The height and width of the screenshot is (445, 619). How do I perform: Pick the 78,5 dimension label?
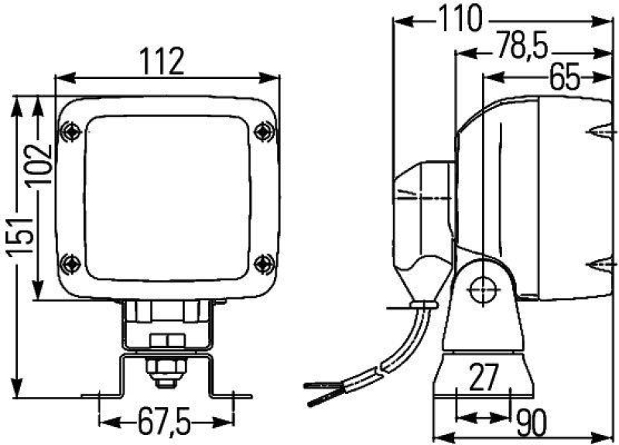524,48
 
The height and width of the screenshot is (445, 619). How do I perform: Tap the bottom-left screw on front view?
71,262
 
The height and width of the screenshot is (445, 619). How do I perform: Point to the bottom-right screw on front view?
265,262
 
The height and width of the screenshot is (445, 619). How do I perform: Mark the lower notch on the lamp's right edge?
600,269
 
